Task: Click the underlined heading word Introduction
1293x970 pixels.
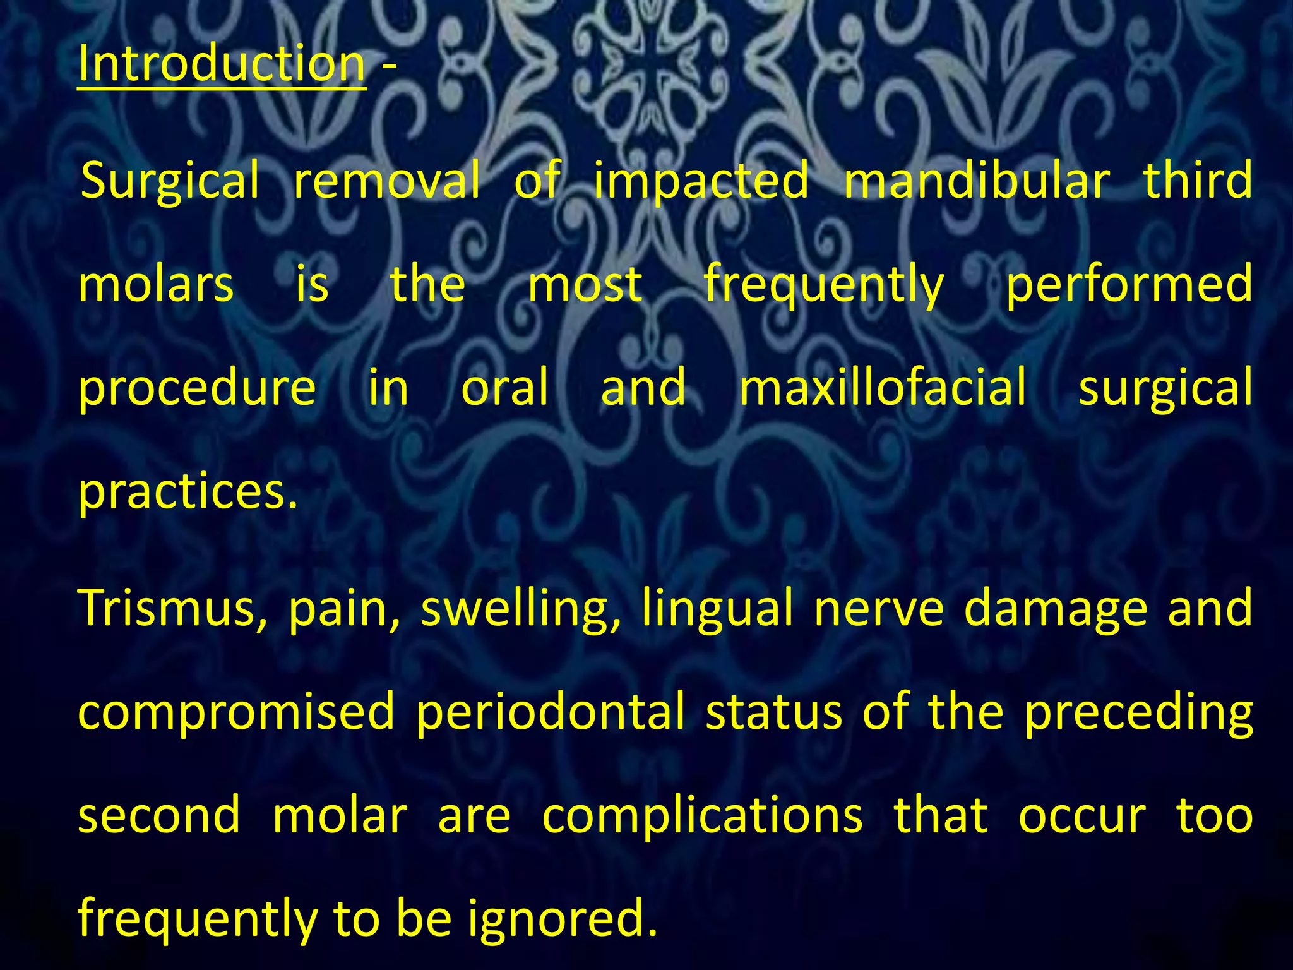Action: [222, 64]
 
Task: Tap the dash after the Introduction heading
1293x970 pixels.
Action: [389, 66]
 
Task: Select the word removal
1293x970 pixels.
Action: [387, 180]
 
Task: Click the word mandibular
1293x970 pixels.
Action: [976, 180]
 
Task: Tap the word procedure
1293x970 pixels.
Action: [197, 389]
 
